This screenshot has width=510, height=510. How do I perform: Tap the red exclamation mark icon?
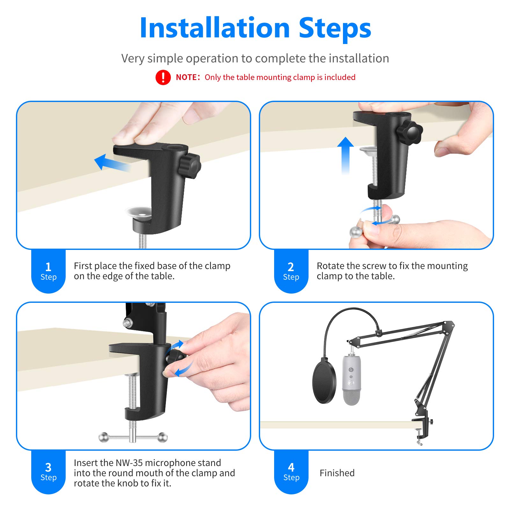pyautogui.click(x=163, y=77)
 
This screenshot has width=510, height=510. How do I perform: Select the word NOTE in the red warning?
pyautogui.click(x=186, y=77)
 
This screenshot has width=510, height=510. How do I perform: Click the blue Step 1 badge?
pyautogui.click(x=48, y=271)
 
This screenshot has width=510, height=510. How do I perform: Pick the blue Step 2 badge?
pyautogui.click(x=291, y=271)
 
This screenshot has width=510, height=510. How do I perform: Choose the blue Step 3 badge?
pyautogui.click(x=48, y=472)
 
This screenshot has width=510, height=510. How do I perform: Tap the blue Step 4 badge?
pyautogui.click(x=291, y=472)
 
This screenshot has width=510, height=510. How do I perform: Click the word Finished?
pyautogui.click(x=337, y=473)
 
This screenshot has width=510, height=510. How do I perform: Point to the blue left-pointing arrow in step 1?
pyautogui.click(x=112, y=163)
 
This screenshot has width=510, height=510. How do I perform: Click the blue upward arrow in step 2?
pyautogui.click(x=346, y=156)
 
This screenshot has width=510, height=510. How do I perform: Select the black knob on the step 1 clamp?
pyautogui.click(x=189, y=166)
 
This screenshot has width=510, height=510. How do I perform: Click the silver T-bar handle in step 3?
pyautogui.click(x=133, y=437)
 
